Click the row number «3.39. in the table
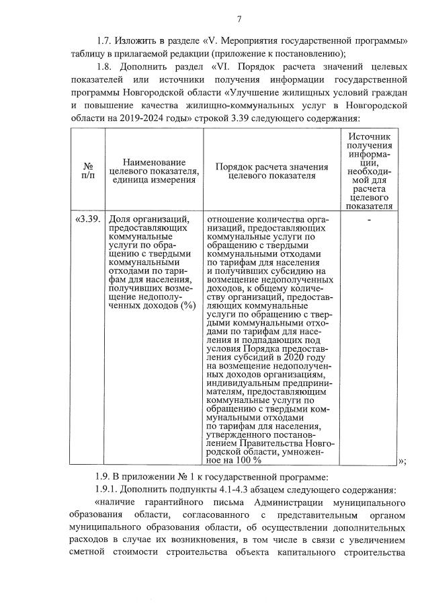click(88, 219)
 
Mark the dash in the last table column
click(369, 219)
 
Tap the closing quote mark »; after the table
click(402, 461)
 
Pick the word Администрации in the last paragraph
click(292, 502)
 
